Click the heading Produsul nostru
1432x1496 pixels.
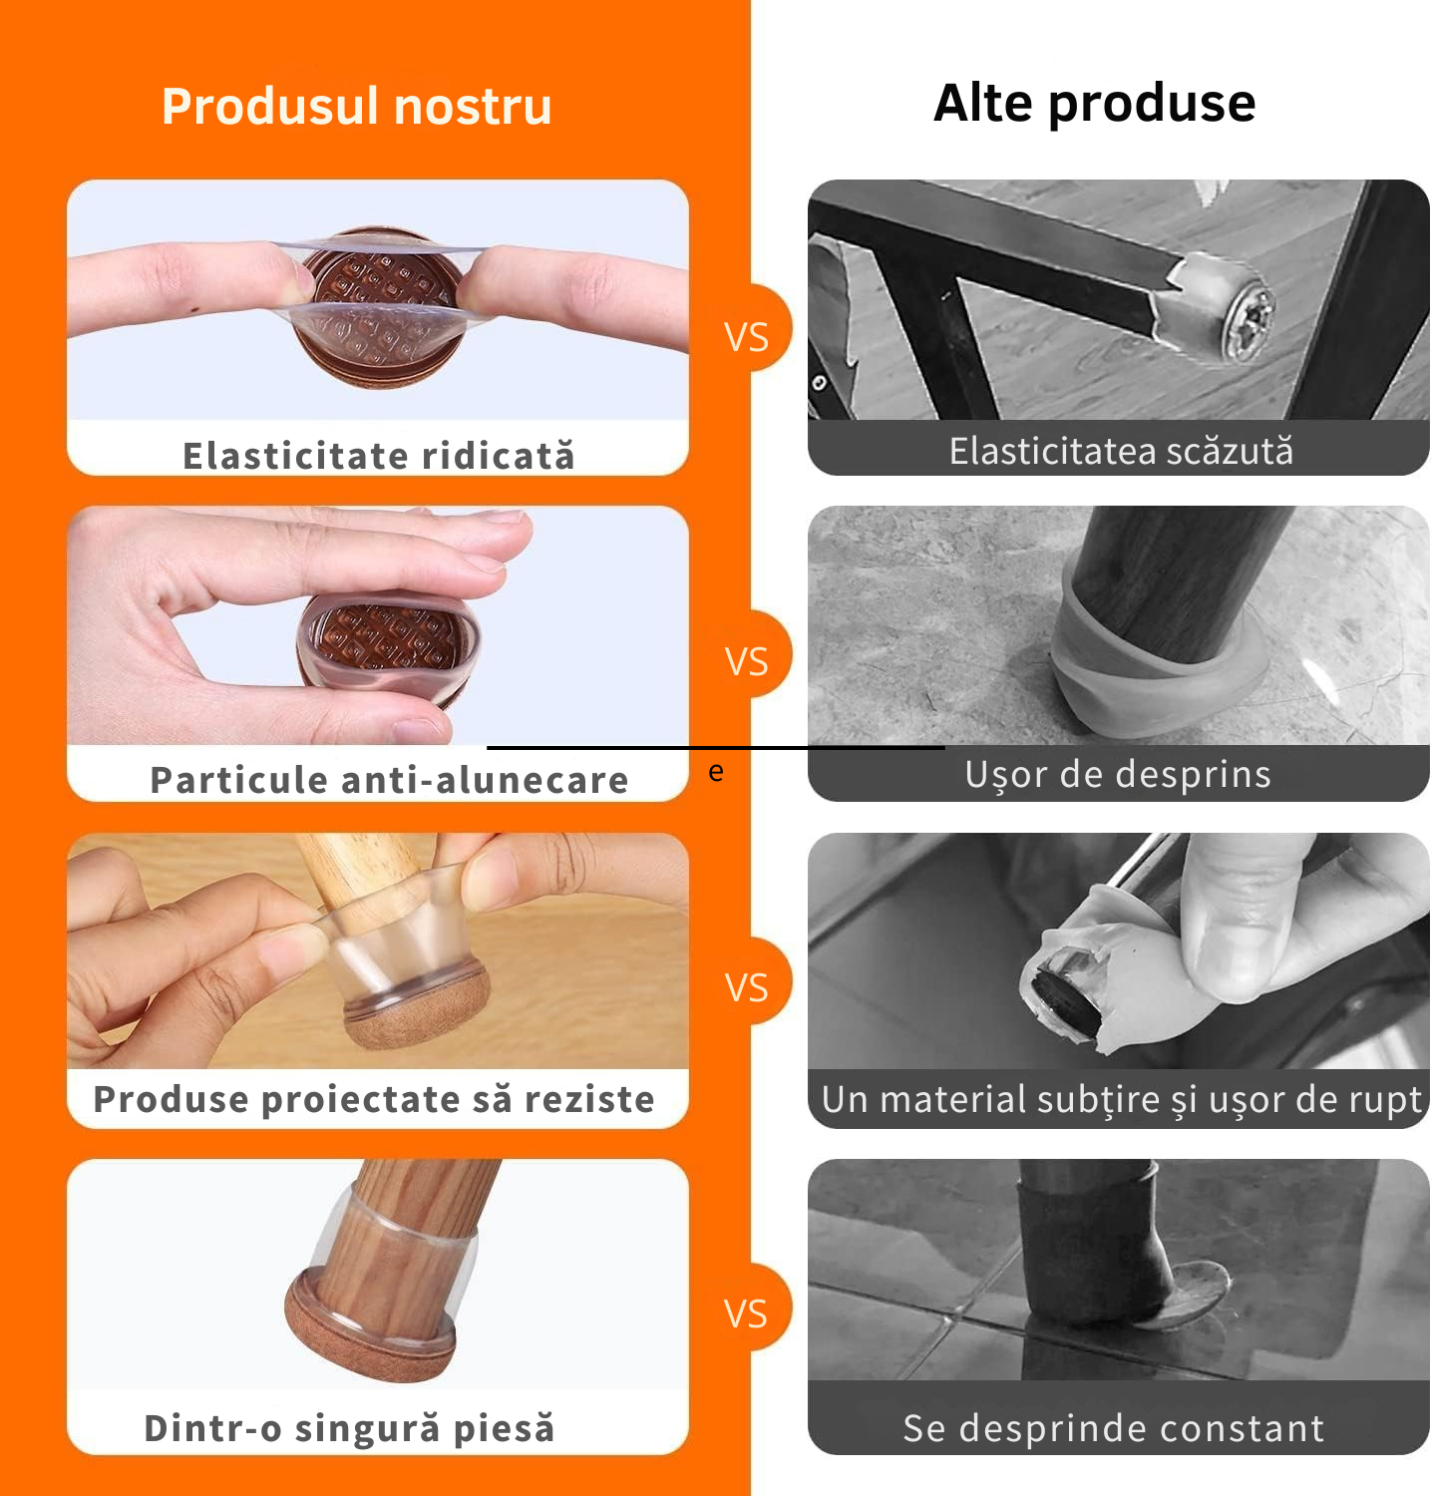[356, 106]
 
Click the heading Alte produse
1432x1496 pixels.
[1094, 103]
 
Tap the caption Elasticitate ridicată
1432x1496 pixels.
[378, 455]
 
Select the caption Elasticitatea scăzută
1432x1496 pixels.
[1120, 451]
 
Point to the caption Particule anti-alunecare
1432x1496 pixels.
[389, 779]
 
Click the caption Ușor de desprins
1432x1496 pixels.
[1118, 774]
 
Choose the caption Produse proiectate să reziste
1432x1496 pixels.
[374, 1098]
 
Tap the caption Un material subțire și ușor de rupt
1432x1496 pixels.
[1121, 1099]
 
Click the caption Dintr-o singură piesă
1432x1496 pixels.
[349, 1427]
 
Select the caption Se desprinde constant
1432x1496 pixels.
[1113, 1427]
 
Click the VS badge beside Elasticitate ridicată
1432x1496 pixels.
[747, 337]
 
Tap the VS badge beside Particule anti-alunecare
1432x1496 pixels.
[747, 661]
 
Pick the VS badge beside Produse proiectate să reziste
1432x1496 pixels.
[747, 987]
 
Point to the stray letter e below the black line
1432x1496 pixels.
[716, 771]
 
